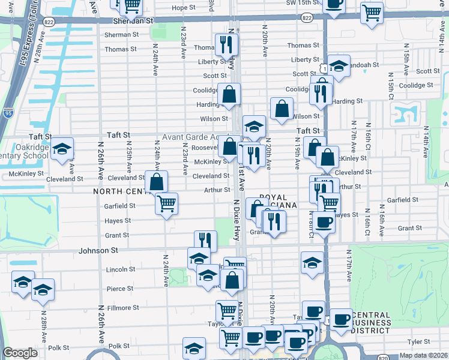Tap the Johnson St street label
click(97, 249)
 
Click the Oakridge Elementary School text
click(24, 151)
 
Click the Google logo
click(20, 353)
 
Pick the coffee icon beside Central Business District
click(342, 319)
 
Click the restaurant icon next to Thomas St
click(226, 44)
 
